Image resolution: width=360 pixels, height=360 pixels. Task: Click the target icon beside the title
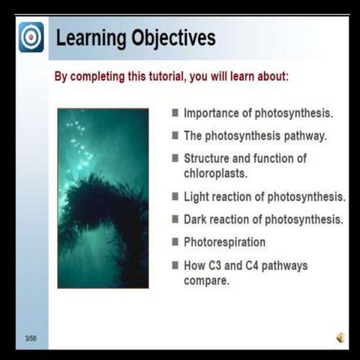[31, 37]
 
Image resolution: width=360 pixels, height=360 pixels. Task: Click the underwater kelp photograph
[103, 197]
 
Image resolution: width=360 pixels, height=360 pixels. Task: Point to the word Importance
[211, 114]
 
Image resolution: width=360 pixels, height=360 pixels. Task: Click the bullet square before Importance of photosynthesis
[175, 113]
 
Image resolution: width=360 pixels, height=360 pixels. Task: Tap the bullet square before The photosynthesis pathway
[175, 136]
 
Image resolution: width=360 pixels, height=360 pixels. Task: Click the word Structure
[208, 158]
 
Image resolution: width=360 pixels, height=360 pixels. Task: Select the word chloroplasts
[216, 172]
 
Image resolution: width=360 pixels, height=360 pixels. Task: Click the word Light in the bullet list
[196, 196]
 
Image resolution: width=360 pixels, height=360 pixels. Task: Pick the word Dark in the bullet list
[196, 220]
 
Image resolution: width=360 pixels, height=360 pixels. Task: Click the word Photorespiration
[224, 242]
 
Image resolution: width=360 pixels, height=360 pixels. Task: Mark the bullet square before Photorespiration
[175, 241]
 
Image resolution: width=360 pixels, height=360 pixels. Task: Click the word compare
[206, 280]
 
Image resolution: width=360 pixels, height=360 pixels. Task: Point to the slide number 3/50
[31, 339]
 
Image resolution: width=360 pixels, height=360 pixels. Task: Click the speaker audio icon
[340, 337]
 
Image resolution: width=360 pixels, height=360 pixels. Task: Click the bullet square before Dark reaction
[175, 219]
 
